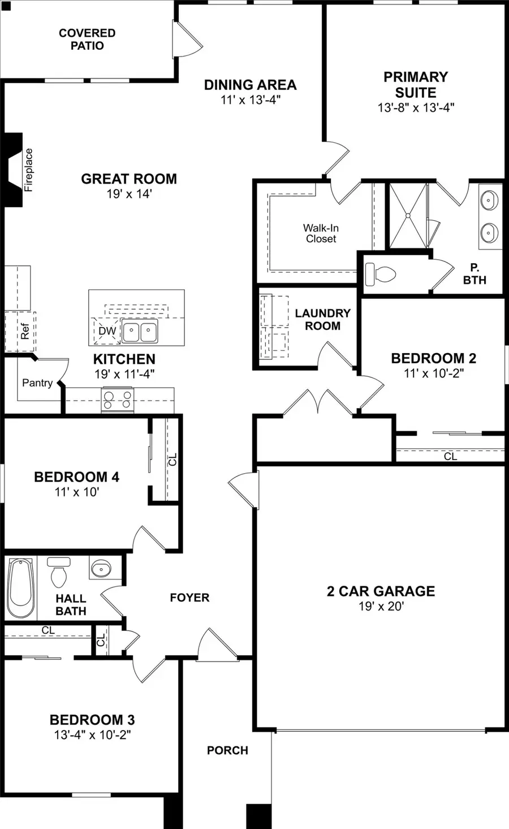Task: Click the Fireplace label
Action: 29,170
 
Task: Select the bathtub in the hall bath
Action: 21,589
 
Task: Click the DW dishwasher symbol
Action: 107,332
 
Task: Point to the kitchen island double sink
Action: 140,332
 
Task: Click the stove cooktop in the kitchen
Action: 117,401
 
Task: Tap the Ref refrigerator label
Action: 25,332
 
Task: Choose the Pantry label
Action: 37,383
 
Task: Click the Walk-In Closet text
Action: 321,233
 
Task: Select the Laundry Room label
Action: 322,319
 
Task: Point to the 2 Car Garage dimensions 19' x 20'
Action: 381,607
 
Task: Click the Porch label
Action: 227,750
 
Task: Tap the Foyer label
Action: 189,598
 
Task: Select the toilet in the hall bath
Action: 58,573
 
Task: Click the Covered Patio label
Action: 87,39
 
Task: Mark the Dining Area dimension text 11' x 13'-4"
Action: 250,100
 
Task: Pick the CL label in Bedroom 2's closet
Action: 450,456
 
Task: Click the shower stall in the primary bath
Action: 407,215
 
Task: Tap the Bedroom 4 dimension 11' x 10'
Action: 77,492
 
